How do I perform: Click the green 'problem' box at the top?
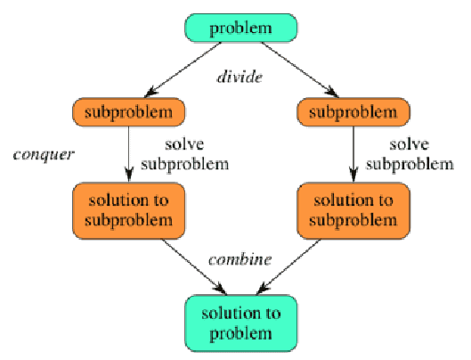(x=241, y=28)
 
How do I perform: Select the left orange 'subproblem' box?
(x=128, y=112)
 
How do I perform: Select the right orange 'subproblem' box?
(x=353, y=112)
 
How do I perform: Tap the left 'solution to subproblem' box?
(x=128, y=211)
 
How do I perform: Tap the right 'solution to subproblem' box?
(x=353, y=211)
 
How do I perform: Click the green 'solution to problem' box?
(x=241, y=323)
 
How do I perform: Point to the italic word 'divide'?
(x=240, y=77)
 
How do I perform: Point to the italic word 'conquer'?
(x=44, y=155)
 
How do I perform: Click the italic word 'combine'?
(x=240, y=259)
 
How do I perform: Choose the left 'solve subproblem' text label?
(x=184, y=155)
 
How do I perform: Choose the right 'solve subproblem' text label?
(x=410, y=155)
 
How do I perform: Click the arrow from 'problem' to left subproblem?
(x=183, y=70)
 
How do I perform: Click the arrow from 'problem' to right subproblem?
(x=300, y=70)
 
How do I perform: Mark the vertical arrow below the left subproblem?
(x=129, y=154)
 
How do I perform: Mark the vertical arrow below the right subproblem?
(x=353, y=154)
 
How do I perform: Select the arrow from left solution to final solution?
(x=194, y=267)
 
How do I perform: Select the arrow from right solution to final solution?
(x=288, y=267)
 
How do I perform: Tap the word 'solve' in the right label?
(x=410, y=144)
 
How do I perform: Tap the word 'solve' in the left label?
(x=184, y=144)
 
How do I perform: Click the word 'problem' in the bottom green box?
(x=240, y=334)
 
